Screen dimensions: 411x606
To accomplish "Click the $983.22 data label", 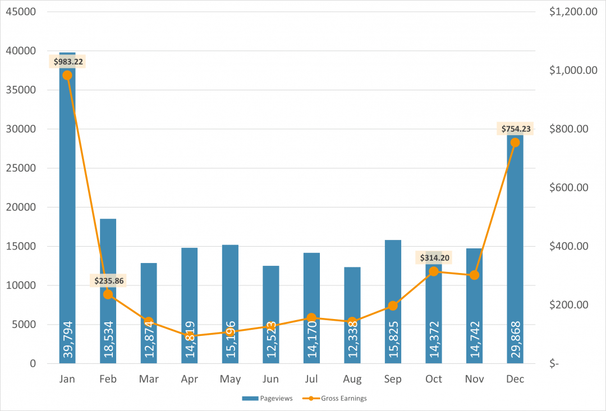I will (x=68, y=62).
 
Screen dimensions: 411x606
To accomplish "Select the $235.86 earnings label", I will (x=109, y=280).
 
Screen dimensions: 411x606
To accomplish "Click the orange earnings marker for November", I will (x=474, y=275).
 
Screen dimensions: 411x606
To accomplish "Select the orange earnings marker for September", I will (x=393, y=306).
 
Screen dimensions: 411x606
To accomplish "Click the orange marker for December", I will (x=515, y=142).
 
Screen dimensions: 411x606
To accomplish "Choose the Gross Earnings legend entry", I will (x=338, y=398).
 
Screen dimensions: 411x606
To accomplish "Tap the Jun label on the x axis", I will (x=270, y=380).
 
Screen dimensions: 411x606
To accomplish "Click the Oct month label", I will (x=433, y=380).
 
